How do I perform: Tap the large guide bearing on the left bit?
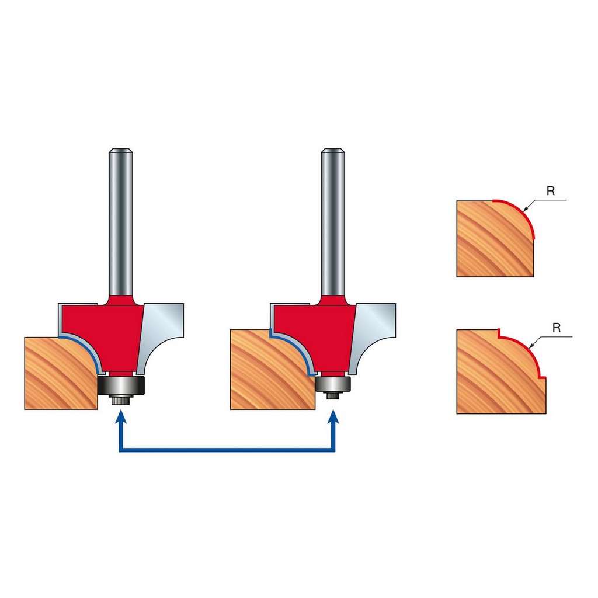click(121, 385)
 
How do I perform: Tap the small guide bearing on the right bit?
click(332, 383)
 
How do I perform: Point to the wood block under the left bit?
click(61, 373)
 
